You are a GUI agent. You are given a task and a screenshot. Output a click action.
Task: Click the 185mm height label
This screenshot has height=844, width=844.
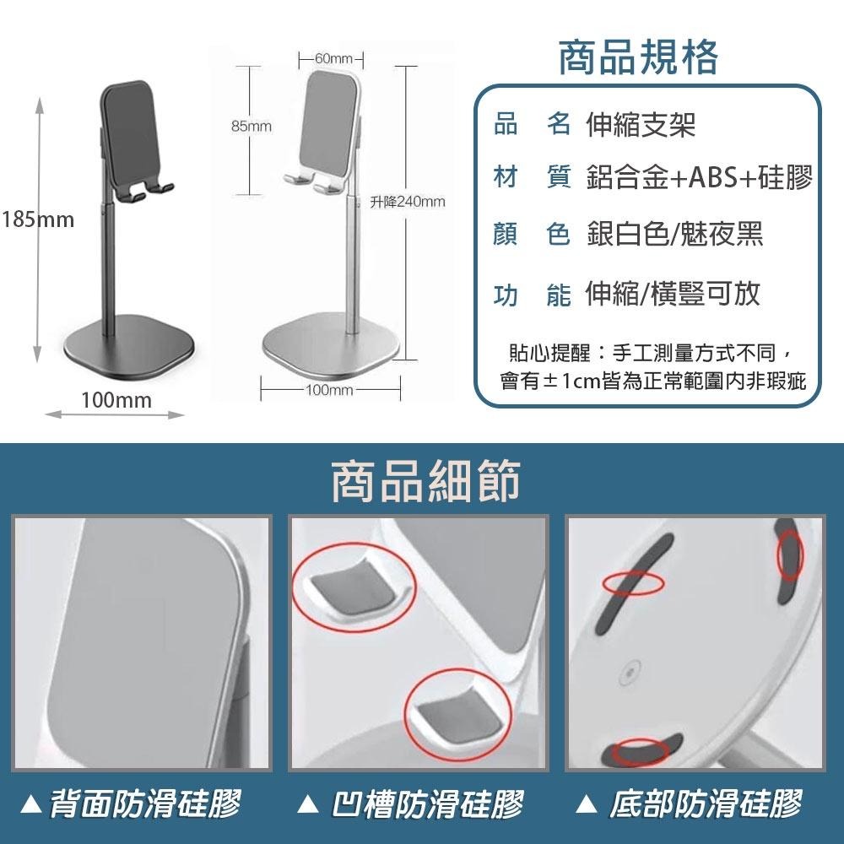coord(38,221)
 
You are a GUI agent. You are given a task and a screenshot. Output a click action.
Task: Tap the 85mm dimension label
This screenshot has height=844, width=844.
coord(251,126)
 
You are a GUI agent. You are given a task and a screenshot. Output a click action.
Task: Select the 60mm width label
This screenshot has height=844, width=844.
coord(332,58)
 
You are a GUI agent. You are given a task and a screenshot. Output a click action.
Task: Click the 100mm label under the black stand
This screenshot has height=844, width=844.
coord(116,400)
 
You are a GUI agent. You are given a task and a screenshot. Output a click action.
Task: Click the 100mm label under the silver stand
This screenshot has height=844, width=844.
coord(329,390)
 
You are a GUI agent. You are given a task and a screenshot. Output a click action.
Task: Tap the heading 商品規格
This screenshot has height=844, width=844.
coord(639,57)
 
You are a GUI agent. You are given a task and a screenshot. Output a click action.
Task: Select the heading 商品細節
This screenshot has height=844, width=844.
coord(425,481)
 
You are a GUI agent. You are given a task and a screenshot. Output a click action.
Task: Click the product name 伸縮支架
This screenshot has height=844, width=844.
coord(641,126)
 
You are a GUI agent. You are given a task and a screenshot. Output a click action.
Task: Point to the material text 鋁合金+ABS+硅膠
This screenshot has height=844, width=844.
coord(699,178)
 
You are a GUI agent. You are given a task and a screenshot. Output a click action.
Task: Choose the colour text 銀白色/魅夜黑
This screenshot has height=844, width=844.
coord(674,235)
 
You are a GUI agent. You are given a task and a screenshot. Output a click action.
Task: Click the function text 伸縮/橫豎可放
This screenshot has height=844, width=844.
coord(673,293)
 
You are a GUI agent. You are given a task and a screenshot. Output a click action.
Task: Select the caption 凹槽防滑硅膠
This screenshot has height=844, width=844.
coord(427,803)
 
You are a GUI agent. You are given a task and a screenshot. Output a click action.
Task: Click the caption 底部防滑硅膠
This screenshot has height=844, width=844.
coord(706,803)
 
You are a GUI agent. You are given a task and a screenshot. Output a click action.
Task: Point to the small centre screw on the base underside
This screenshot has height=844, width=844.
coord(626,674)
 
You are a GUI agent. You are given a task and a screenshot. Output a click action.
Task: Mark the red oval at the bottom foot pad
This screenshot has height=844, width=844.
coord(639,750)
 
